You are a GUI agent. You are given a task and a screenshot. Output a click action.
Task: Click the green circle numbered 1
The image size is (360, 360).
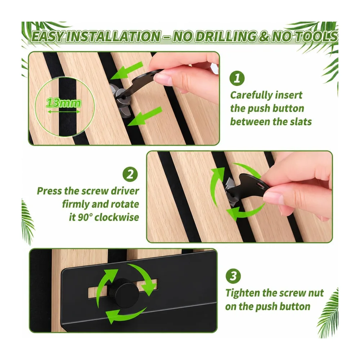pyautogui.click(x=237, y=78)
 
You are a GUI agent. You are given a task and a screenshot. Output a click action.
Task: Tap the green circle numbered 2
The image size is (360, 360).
pyautogui.click(x=130, y=174)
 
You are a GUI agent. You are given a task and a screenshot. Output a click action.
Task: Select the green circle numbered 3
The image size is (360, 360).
pyautogui.click(x=233, y=276)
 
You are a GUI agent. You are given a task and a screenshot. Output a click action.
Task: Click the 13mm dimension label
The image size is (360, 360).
pyautogui.click(x=64, y=103)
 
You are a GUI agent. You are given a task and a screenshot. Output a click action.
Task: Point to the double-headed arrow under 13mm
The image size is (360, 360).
pyautogui.click(x=64, y=112)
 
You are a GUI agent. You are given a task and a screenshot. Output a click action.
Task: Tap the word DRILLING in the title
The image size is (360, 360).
pyautogui.click(x=215, y=37)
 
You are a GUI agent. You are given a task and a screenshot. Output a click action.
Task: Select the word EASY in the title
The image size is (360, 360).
pyautogui.click(x=48, y=37)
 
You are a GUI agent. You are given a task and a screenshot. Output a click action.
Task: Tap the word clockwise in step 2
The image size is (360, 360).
pyautogui.click(x=117, y=217)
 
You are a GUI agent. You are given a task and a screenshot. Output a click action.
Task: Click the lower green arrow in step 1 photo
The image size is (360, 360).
pyautogui.click(x=145, y=116)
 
